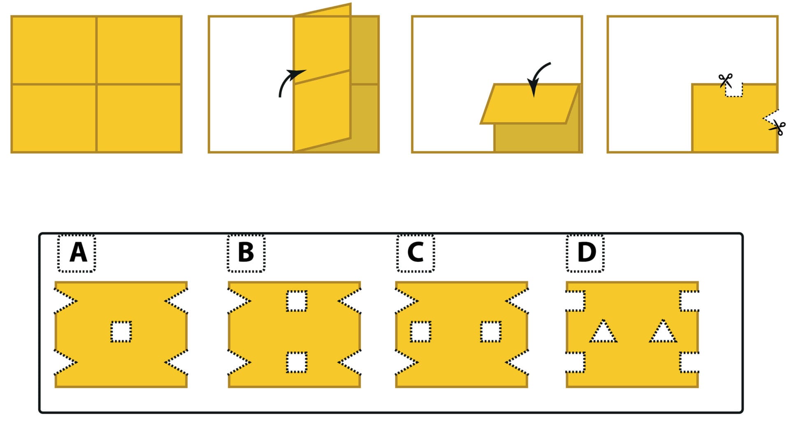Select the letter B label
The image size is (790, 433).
pyautogui.click(x=246, y=253)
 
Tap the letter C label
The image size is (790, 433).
pyautogui.click(x=416, y=253)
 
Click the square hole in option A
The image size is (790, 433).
pyautogui.click(x=121, y=332)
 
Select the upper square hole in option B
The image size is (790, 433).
pyautogui.click(x=296, y=301)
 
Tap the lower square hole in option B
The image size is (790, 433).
pyautogui.click(x=296, y=362)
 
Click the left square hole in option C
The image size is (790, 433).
pyautogui.click(x=421, y=332)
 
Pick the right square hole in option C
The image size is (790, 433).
pyautogui.click(x=490, y=332)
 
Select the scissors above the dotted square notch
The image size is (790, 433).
pyautogui.click(x=725, y=80)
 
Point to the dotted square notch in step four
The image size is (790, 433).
pyautogui.click(x=734, y=90)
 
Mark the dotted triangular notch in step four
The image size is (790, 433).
pyautogui.click(x=771, y=119)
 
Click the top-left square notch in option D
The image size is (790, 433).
pyautogui.click(x=575, y=301)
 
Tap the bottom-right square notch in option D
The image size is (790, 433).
pyautogui.click(x=689, y=363)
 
